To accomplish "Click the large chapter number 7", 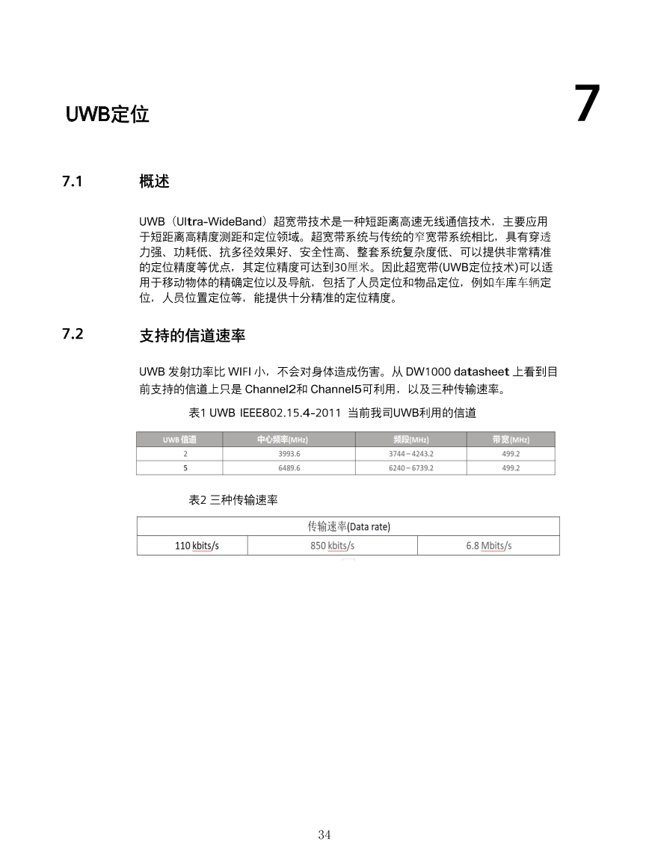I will click(587, 104).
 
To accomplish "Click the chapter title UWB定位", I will click(107, 114).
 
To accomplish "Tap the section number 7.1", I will click(73, 181).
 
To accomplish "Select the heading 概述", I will click(154, 182).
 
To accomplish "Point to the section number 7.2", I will click(73, 334).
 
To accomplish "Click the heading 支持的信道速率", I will click(192, 336).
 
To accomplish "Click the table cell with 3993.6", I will click(289, 454).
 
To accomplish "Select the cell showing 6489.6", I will click(289, 468).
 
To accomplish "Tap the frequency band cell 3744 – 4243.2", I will click(410, 454).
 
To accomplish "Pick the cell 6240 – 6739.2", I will click(410, 468).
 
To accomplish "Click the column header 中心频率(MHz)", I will click(289, 440).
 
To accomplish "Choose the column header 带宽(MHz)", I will click(511, 440).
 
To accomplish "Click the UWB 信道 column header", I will click(179, 440).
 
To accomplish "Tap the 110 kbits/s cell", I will click(192, 546).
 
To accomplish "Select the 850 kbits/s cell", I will click(332, 546).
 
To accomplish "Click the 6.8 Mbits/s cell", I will click(488, 546).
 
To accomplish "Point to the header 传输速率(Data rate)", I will click(348, 526).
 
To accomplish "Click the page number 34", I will click(324, 835).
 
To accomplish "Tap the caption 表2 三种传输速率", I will click(233, 500).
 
